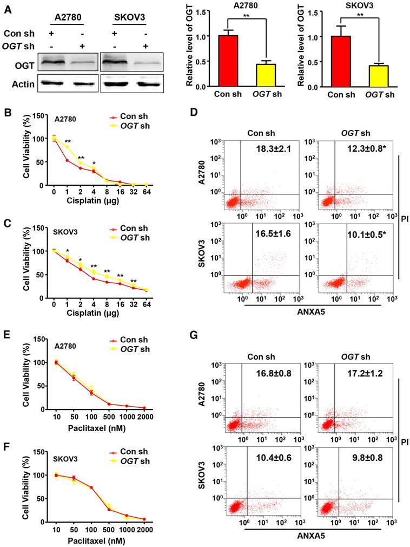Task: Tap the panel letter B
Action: [x=8, y=113]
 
